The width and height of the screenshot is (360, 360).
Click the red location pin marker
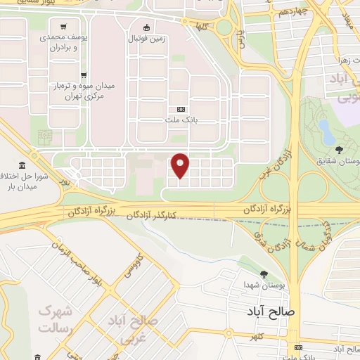point(181,166)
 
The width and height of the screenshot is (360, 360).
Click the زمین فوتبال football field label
point(147,40)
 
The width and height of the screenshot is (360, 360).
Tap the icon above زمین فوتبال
point(146,28)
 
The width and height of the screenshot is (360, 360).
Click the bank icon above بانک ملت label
point(181,109)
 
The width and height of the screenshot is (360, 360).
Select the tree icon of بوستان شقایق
point(340,149)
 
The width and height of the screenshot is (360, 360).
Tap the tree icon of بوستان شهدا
point(264,274)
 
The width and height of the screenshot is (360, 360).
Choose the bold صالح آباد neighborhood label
point(271,310)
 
